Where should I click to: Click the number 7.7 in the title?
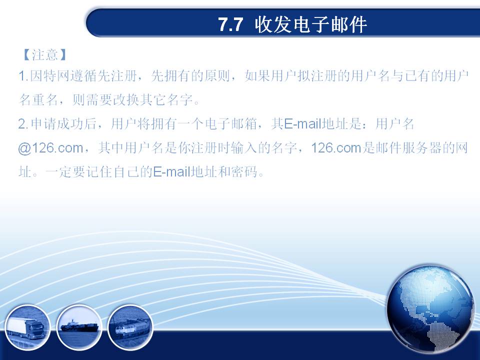click(230, 24)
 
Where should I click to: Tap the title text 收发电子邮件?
click(310, 24)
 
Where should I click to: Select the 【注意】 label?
click(44, 55)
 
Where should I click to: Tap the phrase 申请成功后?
click(63, 124)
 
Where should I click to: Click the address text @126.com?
click(50, 148)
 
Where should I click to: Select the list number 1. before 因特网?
click(23, 76)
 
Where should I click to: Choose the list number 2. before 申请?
click(23, 124)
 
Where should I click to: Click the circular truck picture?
click(27, 328)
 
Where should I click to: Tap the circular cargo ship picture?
click(79, 328)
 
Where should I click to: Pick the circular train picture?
click(130, 328)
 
